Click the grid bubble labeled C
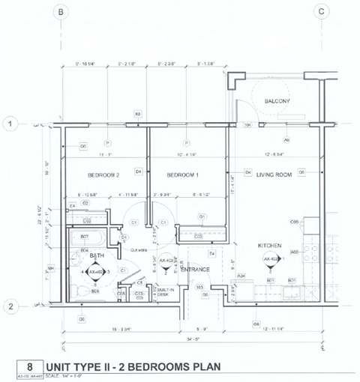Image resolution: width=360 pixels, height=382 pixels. click(x=321, y=12)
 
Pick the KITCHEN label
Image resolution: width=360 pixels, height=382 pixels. click(x=269, y=246)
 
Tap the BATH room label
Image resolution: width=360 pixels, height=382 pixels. click(x=96, y=256)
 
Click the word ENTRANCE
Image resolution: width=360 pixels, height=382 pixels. click(x=194, y=269)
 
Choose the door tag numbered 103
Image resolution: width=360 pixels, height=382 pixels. click(x=200, y=287)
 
